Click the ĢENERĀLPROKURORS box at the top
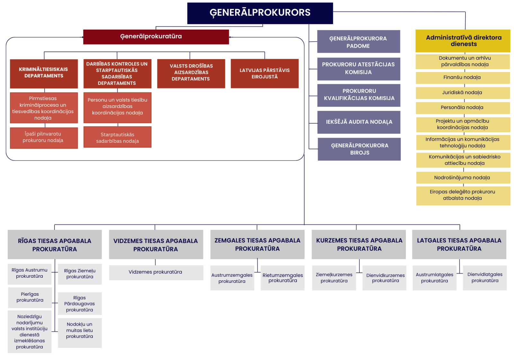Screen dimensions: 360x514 tap(260, 13)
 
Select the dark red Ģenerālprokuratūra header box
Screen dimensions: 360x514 tap(156, 37)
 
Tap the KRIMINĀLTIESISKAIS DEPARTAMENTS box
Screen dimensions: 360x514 tap(44, 73)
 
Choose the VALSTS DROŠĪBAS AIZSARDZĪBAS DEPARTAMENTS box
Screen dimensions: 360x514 tap(191, 73)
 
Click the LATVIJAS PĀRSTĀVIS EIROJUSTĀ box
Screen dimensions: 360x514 tap(264, 73)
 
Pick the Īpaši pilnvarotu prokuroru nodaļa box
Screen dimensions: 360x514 tap(44, 138)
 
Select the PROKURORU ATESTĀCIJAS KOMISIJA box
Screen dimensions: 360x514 tap(359, 69)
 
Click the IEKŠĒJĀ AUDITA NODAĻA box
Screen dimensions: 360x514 tap(359, 122)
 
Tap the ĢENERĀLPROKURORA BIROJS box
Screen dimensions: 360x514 tap(359, 149)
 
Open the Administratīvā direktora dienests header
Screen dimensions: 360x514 tap(463, 41)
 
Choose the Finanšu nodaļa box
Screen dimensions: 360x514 tap(463, 78)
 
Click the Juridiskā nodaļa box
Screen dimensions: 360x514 tap(463, 93)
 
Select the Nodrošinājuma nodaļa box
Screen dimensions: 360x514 tap(463, 178)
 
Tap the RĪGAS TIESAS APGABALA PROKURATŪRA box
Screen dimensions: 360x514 tap(55, 245)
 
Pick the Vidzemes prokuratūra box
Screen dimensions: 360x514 tap(156, 273)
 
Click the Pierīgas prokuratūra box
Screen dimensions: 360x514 tap(30, 298)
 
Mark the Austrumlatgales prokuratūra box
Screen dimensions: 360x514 tap(434, 278)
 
